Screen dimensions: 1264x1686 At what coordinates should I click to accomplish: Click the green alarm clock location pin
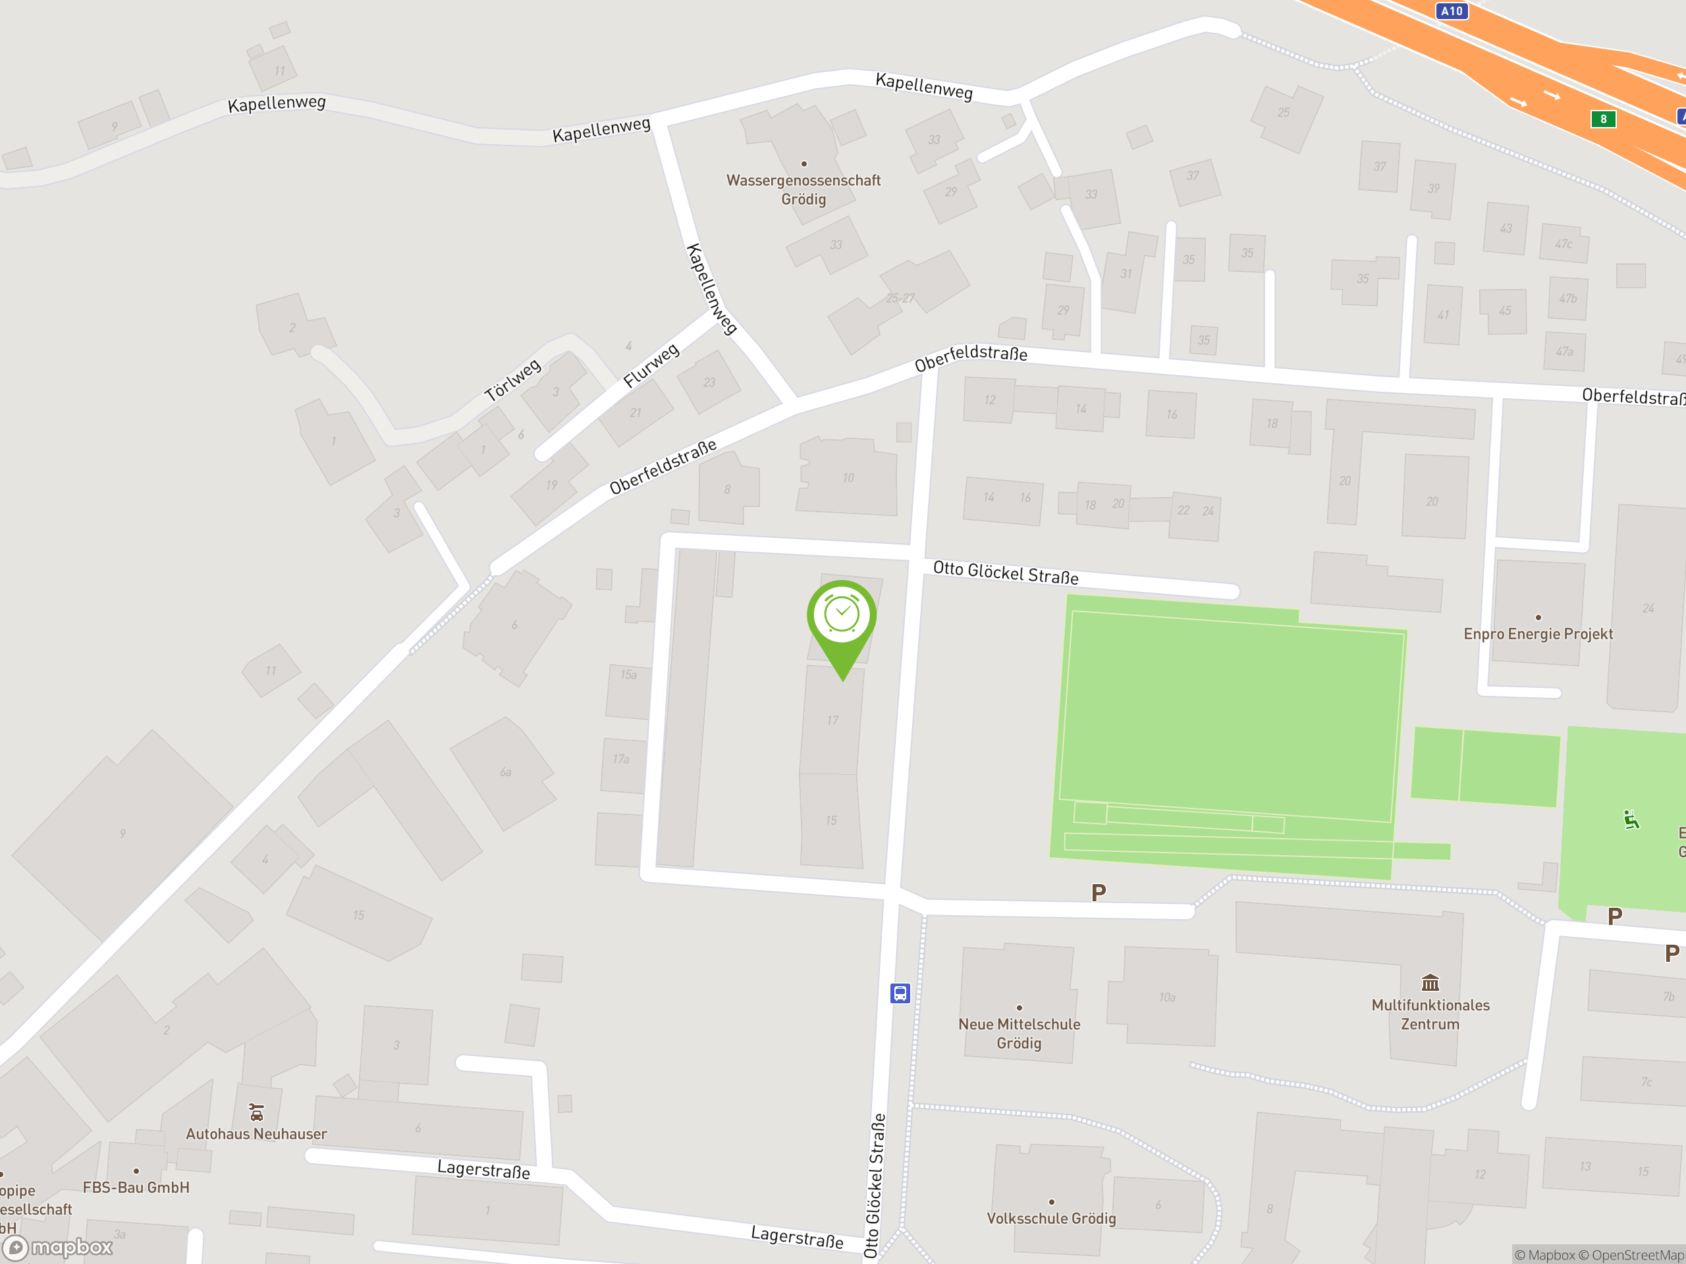[842, 616]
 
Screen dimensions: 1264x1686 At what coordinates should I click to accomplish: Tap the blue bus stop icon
[900, 993]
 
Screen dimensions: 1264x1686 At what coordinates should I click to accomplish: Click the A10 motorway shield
[1452, 11]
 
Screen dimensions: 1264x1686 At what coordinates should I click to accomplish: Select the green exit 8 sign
[1603, 119]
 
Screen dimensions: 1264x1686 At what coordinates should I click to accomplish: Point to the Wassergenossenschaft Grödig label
[803, 189]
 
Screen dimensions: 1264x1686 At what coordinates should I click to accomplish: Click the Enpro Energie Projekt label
[1538, 634]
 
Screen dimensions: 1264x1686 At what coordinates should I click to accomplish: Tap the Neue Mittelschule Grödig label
[1019, 1033]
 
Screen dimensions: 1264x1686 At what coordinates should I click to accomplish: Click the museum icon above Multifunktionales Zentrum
[1430, 982]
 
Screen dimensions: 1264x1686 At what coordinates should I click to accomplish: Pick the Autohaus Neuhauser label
[256, 1134]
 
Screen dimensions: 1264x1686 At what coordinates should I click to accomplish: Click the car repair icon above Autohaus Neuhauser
[257, 1113]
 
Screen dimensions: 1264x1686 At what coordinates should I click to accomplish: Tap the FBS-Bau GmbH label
[136, 1187]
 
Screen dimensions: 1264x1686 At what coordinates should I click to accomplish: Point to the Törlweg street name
[513, 379]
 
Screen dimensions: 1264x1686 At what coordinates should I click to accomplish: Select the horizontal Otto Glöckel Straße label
[1006, 573]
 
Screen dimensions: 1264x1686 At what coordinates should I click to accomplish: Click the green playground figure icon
[1631, 820]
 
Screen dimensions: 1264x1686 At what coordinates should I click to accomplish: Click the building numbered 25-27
[900, 299]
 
